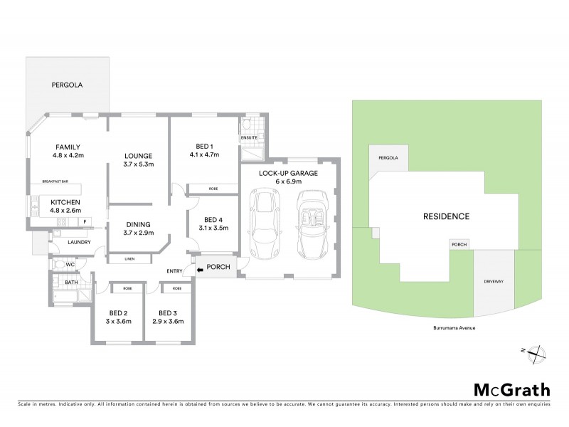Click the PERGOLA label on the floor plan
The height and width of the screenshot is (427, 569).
(x=67, y=85)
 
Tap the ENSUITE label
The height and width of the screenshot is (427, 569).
(x=248, y=137)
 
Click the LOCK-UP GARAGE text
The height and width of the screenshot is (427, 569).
(x=288, y=173)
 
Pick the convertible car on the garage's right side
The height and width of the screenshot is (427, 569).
(x=310, y=224)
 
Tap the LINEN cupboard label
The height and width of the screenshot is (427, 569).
(x=129, y=258)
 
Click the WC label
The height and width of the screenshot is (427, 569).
(x=70, y=264)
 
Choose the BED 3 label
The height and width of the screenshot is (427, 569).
(x=167, y=313)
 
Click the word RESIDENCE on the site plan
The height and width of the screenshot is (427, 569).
(x=446, y=216)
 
